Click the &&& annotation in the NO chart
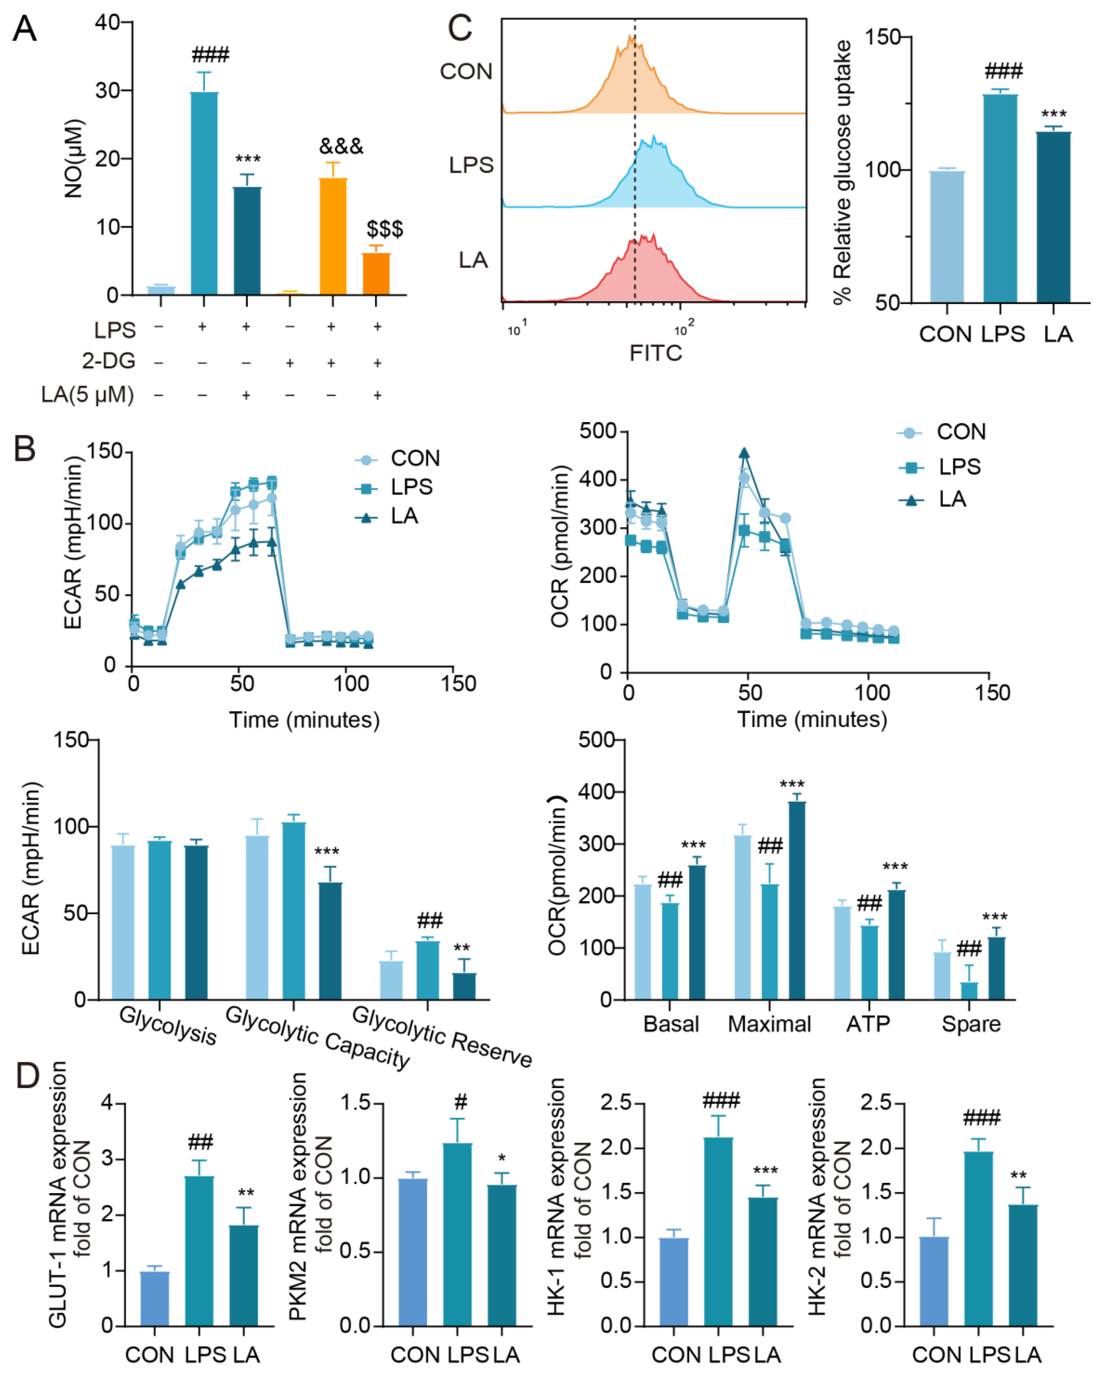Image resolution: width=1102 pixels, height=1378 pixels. coord(341,146)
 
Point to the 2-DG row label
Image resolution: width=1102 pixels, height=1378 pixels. coord(109,361)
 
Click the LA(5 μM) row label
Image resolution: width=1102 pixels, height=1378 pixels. coord(88,394)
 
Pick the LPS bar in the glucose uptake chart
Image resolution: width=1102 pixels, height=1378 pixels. coord(999,198)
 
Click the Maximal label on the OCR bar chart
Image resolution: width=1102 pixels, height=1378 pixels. coord(769,1024)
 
